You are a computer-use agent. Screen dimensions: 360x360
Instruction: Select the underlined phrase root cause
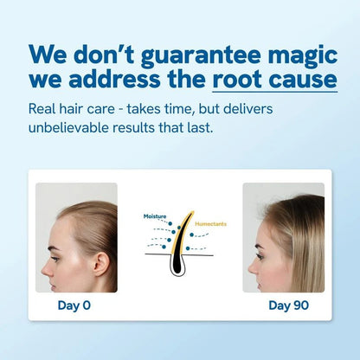coord(274,80)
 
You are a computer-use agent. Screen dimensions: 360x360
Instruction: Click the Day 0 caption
coord(74,305)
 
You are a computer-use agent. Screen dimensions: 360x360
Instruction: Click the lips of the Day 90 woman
coord(255,269)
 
